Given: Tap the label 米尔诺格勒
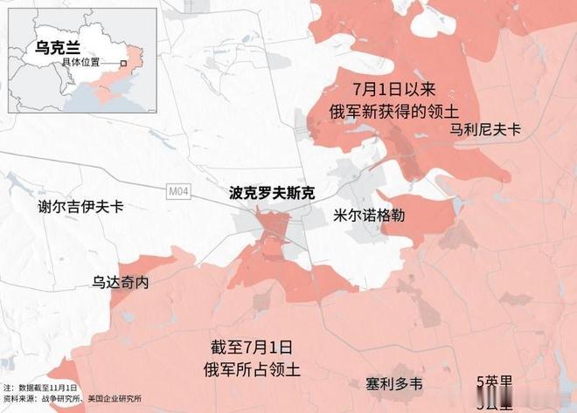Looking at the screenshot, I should pyautogui.click(x=368, y=215).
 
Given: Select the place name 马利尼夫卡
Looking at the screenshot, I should pyautogui.click(x=485, y=129).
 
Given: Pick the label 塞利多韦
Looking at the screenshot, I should pyautogui.click(x=394, y=383).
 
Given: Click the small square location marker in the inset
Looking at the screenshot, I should pyautogui.click(x=125, y=63).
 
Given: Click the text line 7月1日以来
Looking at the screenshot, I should pyautogui.click(x=387, y=90).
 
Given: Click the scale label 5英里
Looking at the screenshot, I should pyautogui.click(x=494, y=382).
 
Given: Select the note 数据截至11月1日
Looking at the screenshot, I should pyautogui.click(x=47, y=387).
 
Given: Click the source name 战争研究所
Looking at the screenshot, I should pyautogui.click(x=58, y=400).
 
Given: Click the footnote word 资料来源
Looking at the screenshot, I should pyautogui.click(x=17, y=400).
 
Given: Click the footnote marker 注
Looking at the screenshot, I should pyautogui.click(x=7, y=387).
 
